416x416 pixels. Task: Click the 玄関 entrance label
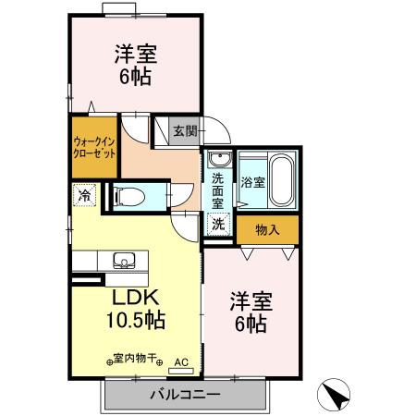(x=185, y=131)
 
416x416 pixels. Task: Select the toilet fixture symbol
(x=127, y=195)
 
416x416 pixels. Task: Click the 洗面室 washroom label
(x=218, y=190)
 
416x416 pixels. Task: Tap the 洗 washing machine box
(x=217, y=223)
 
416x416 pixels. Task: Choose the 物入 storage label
(x=267, y=228)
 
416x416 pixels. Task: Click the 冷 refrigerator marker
(x=84, y=196)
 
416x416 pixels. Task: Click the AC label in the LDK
(x=181, y=361)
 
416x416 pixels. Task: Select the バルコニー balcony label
(x=184, y=395)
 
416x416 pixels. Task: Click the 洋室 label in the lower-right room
(x=250, y=301)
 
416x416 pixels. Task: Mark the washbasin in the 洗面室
(x=218, y=158)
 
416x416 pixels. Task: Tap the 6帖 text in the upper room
(x=135, y=77)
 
